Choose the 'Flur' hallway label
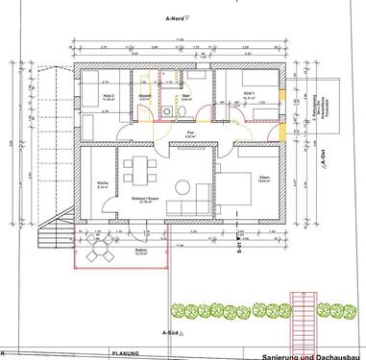point(189,135)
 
